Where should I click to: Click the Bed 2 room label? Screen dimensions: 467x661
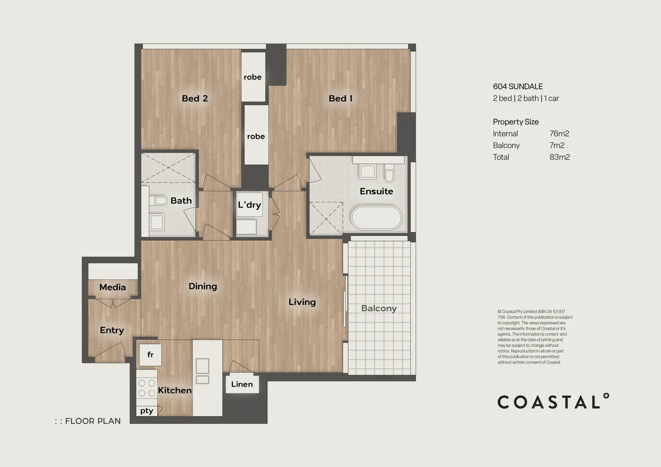point(195,99)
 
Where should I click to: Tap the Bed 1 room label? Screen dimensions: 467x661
point(340,99)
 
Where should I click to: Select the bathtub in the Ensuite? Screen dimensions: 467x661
point(376,218)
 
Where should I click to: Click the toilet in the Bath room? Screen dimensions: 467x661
point(159,201)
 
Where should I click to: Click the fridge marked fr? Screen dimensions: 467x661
point(150,355)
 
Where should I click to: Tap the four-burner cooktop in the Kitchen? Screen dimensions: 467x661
point(146,388)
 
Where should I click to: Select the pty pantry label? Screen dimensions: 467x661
point(147,411)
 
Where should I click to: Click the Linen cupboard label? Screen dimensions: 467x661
point(242,384)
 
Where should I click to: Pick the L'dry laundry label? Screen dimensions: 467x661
point(249,205)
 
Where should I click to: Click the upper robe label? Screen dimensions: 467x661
point(253,77)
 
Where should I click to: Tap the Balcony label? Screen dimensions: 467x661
point(379,308)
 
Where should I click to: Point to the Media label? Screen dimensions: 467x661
point(112,287)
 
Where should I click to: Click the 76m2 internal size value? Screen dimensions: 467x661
point(559,134)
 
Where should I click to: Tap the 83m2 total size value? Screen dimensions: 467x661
point(559,157)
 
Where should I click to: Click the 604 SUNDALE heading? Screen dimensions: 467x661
point(518,86)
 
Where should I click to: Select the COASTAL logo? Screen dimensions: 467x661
point(553,402)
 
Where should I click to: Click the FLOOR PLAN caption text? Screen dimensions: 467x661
point(93,421)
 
